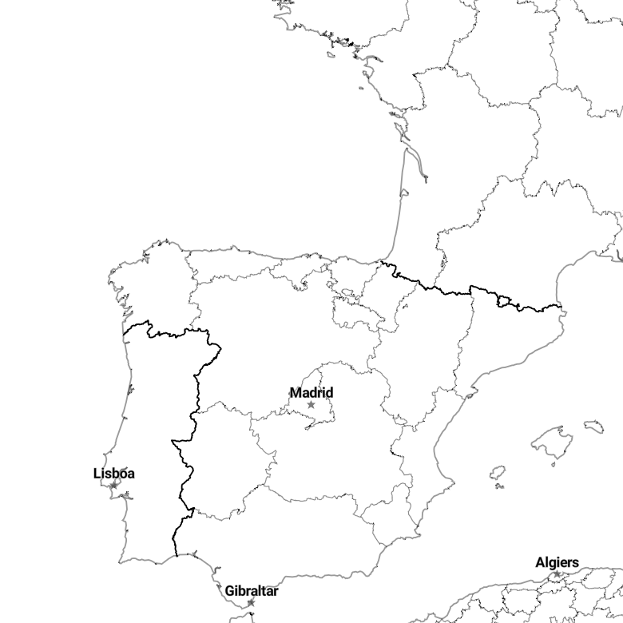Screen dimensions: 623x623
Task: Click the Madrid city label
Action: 311,392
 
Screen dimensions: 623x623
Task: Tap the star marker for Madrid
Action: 311,405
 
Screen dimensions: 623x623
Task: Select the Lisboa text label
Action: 114,473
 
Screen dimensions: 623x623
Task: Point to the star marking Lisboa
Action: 114,485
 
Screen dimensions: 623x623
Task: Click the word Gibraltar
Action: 252,591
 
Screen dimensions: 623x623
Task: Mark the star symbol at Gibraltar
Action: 251,603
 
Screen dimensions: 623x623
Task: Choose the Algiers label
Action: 557,562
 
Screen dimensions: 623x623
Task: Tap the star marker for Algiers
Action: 557,573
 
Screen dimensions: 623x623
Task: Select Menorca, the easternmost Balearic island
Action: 594,427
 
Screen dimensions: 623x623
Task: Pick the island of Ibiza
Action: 498,473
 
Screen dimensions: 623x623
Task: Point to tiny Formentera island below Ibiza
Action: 500,486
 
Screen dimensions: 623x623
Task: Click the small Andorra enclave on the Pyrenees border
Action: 503,302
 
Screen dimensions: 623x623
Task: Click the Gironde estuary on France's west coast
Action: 415,161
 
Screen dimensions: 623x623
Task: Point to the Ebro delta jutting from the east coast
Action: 470,395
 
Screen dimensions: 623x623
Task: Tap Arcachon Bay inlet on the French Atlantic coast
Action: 403,193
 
